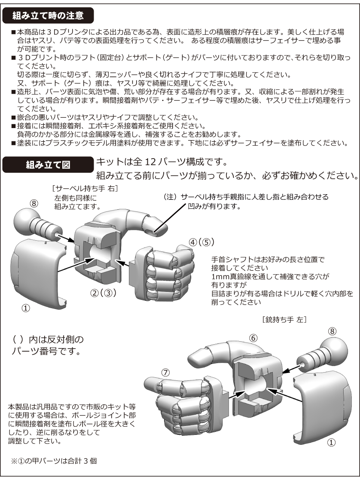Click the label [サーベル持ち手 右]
click(x=84, y=189)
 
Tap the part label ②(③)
click(x=103, y=294)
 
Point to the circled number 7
click(x=166, y=372)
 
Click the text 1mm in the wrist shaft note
click(x=219, y=276)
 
